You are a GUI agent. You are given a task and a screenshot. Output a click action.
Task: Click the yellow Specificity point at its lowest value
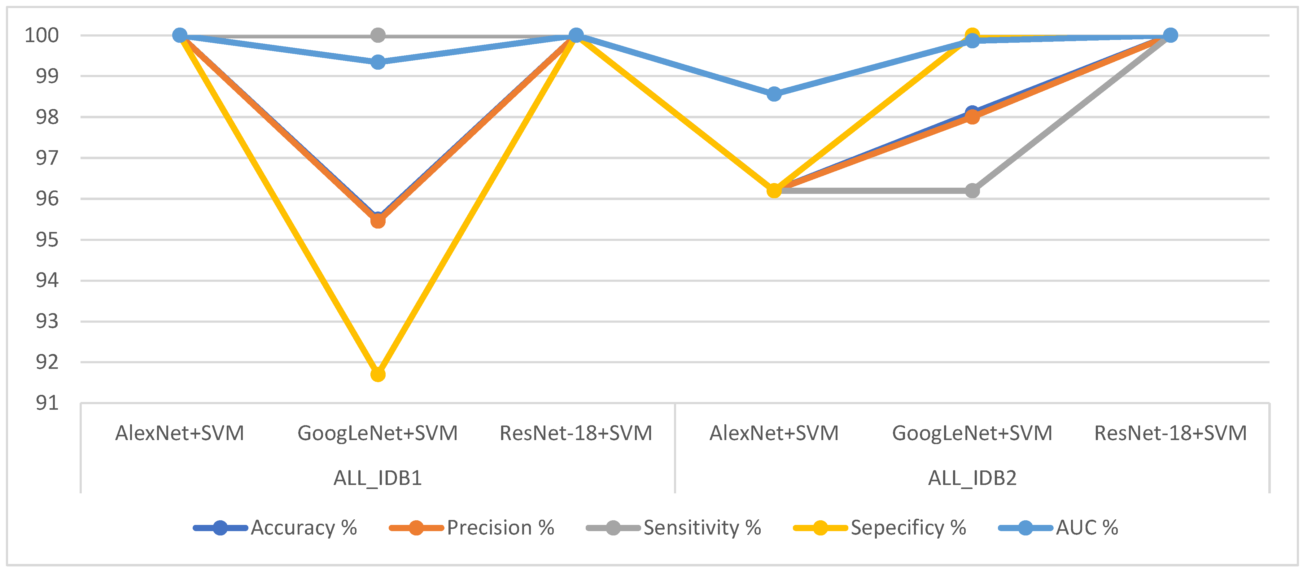coord(378,374)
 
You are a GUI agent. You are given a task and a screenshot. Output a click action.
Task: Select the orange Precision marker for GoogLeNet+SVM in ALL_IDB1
coord(378,221)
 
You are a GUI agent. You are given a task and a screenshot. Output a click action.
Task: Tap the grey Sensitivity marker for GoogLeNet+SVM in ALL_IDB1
coord(378,35)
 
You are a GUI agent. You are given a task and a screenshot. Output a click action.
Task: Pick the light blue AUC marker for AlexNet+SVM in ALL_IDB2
coord(774,94)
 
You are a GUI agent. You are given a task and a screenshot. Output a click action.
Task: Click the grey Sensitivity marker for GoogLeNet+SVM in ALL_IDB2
coord(972,191)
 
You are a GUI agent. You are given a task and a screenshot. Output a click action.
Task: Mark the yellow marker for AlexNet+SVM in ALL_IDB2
coord(774,191)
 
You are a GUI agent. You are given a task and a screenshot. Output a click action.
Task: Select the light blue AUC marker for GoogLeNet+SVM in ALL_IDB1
coord(378,62)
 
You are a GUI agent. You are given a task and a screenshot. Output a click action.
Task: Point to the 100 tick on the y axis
coord(42,35)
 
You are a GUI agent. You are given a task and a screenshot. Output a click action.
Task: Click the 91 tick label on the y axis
coord(47,403)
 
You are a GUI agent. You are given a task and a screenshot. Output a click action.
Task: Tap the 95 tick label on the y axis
coord(47,240)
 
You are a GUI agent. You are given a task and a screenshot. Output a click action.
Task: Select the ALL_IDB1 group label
coord(378,478)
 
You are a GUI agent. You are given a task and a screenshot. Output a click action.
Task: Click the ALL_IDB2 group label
coord(972,478)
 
